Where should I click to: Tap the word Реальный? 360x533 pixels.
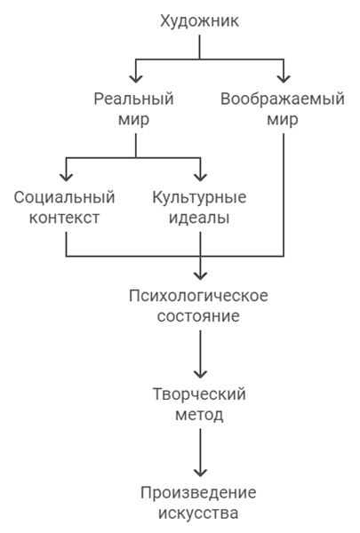[x=134, y=99]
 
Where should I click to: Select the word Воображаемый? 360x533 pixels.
[x=282, y=99]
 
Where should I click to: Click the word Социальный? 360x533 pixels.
[x=65, y=196]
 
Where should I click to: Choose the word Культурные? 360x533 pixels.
[x=200, y=196]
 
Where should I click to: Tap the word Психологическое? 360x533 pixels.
[x=200, y=294]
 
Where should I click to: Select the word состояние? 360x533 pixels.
[x=200, y=315]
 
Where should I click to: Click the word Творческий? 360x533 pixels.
[x=200, y=394]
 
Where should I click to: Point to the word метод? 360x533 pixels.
[x=200, y=414]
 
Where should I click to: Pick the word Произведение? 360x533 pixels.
[x=200, y=492]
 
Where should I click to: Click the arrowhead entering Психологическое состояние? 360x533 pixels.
[x=200, y=272]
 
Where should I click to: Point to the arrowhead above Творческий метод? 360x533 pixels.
[x=200, y=371]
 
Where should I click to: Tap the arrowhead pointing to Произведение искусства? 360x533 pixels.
[x=200, y=470]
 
